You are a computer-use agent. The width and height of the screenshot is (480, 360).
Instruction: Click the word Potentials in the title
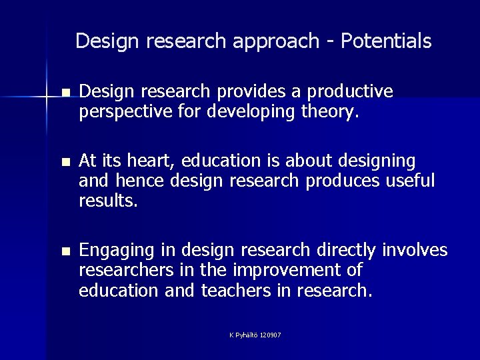click(386, 41)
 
